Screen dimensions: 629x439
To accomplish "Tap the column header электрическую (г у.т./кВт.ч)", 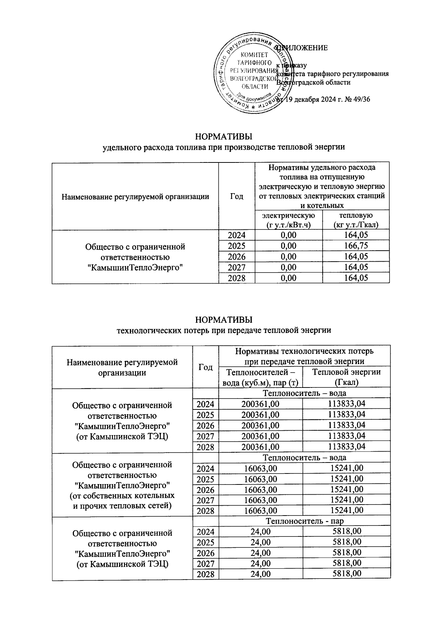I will pos(289,220).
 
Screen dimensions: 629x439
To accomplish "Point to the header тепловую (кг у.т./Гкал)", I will pos(356,220).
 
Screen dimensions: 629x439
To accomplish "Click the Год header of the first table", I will pos(237,196).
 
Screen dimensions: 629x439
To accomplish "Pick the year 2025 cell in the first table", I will pos(237,246).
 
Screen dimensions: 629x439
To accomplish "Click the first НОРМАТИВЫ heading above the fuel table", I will pos(224,137).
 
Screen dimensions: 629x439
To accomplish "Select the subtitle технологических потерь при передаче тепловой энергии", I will pos(224,330).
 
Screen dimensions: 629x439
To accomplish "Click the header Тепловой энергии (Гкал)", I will pos(346,377).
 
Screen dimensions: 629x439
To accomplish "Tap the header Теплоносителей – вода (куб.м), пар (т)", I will pos(261,377).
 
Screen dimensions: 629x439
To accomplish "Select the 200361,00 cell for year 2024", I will pos(260,404).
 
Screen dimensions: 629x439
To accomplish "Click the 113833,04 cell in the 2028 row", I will pos(346,446).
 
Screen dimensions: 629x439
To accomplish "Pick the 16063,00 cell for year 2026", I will pos(260,490).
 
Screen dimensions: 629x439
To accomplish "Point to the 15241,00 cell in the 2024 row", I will pos(346,468).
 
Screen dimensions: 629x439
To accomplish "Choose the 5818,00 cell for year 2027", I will pos(346,563).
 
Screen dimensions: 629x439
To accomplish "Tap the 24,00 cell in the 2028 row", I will pos(260,574).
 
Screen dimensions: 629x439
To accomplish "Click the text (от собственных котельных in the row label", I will pos(122,496).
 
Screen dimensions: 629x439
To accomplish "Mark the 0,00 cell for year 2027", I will pos(289,267).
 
